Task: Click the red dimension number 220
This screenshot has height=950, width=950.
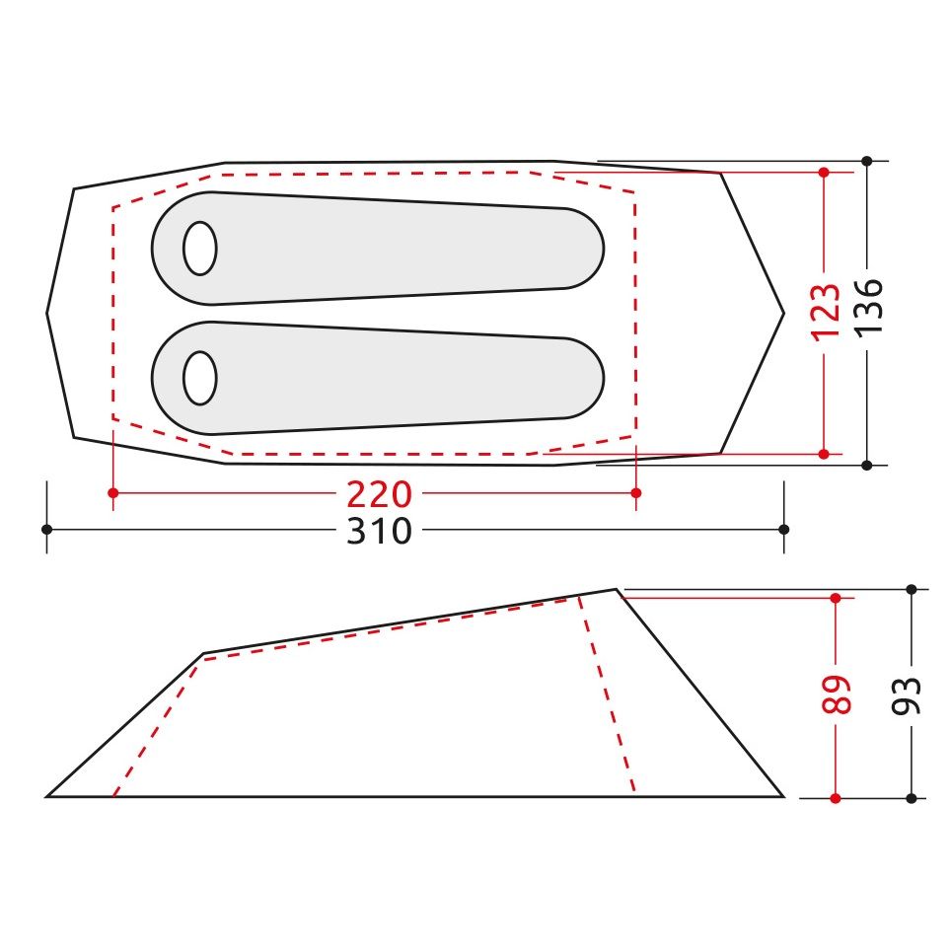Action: pos(379,494)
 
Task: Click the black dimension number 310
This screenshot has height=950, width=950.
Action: pos(379,531)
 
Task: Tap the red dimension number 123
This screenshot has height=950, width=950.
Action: pos(826,312)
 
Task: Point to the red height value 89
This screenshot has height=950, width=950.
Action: pos(837,694)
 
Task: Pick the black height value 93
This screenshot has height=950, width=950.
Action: pos(907,696)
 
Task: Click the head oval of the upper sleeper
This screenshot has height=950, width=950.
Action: pos(200,249)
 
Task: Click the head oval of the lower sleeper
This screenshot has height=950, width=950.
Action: pos(200,378)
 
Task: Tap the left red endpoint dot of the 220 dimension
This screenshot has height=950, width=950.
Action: pos(113,493)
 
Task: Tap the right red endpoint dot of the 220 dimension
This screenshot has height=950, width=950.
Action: pos(635,493)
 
